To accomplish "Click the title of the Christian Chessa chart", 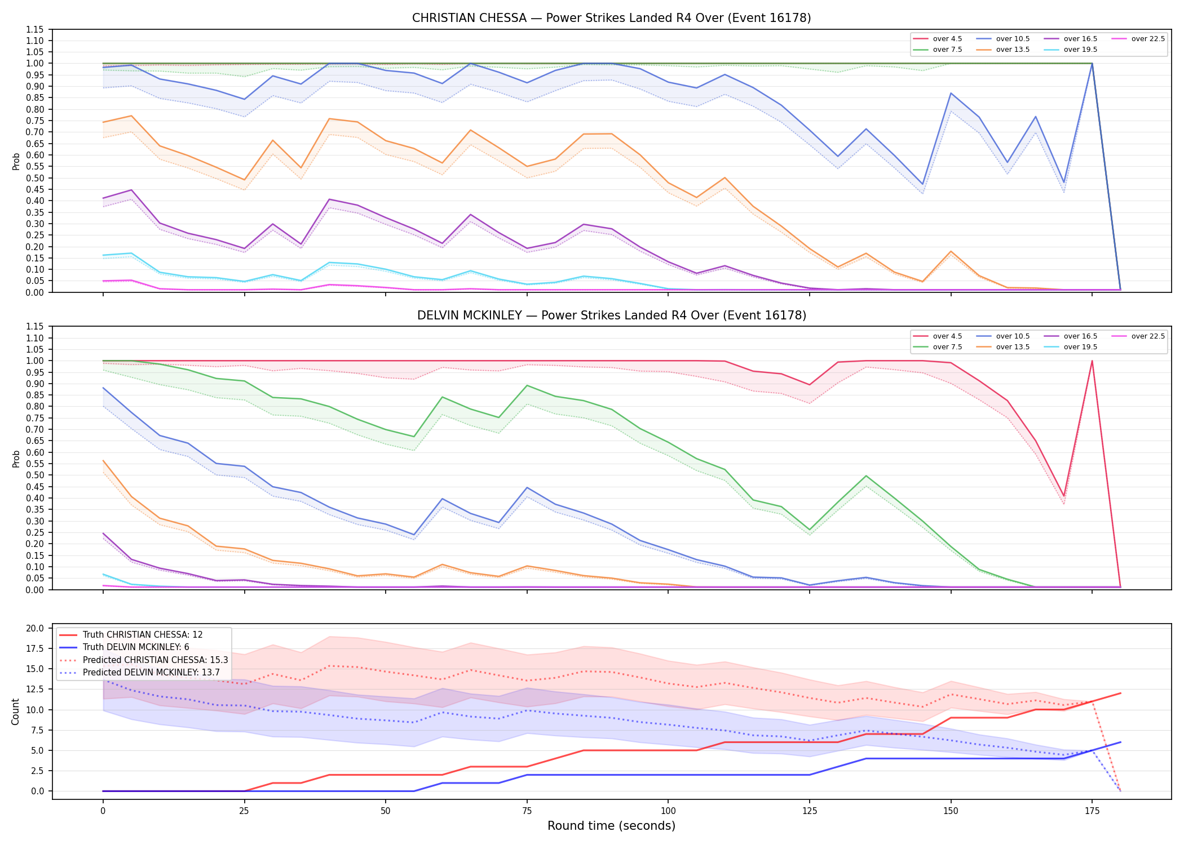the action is (611, 18).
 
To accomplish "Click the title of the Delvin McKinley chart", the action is (611, 315).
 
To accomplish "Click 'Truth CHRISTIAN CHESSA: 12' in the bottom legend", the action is (131, 635).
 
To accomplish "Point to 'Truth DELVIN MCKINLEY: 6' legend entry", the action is (124, 647).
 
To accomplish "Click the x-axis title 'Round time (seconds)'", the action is (611, 826).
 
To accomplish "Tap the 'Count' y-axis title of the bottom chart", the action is (16, 711).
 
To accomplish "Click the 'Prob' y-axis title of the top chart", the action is (16, 161).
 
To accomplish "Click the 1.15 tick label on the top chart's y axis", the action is (35, 29).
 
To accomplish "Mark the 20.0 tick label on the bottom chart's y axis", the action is (35, 628).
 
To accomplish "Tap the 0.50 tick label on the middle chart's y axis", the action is (35, 475).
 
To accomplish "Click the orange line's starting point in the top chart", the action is (103, 122).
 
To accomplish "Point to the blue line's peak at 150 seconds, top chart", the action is (951, 93).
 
